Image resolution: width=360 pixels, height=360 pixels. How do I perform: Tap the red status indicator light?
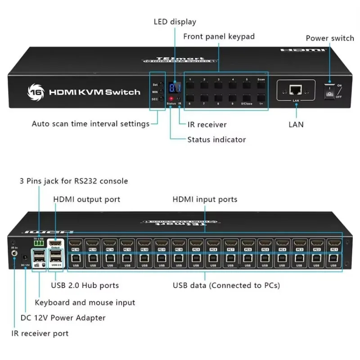pos(171,98)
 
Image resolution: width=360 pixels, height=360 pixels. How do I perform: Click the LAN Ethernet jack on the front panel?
pos(296,90)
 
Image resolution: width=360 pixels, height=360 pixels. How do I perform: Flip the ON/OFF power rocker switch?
pos(330,91)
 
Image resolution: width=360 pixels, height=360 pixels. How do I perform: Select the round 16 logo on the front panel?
pos(34,91)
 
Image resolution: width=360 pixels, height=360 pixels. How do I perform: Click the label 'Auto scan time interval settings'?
pos(90,124)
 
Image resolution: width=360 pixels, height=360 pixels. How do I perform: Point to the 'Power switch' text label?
pos(330,38)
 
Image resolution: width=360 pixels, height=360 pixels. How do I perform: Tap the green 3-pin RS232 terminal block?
pos(39,243)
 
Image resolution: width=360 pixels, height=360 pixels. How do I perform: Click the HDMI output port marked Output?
pos(55,243)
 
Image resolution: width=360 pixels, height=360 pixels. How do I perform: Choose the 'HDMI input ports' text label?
pos(205,199)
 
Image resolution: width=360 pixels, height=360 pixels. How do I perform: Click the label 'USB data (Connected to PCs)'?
pos(226,285)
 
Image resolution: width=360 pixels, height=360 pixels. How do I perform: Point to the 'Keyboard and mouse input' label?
pos(85,302)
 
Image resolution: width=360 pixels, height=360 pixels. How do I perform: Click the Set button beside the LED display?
pos(161,84)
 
